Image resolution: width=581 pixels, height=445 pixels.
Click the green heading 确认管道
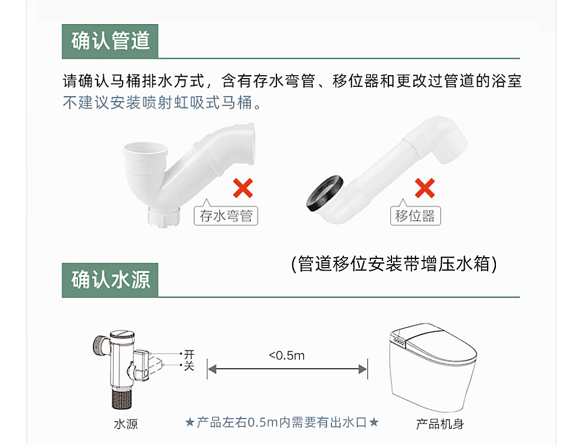[x=110, y=41]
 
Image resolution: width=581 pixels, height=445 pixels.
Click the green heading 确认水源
[x=110, y=280]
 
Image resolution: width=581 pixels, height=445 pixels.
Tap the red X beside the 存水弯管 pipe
[x=242, y=188]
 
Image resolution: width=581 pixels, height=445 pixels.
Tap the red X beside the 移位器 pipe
[x=424, y=188]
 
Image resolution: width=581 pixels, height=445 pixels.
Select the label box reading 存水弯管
[x=226, y=215]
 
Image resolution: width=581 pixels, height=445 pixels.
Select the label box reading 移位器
[x=415, y=215]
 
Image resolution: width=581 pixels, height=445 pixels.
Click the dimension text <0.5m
[x=286, y=356]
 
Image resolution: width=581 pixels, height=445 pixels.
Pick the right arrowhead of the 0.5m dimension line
[x=363, y=369]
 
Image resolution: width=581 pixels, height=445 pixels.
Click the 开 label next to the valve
[x=189, y=355]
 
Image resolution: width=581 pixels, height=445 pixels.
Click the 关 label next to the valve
[x=189, y=366]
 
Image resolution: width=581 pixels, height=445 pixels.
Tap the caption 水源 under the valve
[x=126, y=424]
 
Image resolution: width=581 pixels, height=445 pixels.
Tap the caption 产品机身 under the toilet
[x=440, y=424]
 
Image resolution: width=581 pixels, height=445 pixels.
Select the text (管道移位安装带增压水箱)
[x=394, y=264]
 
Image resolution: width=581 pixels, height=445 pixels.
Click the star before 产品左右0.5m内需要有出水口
[x=190, y=422]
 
